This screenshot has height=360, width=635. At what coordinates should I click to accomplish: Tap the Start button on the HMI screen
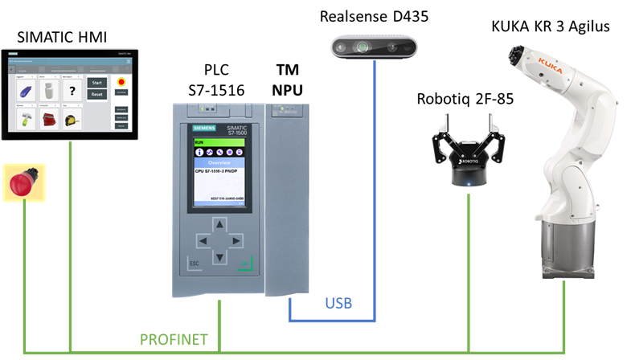[96, 82]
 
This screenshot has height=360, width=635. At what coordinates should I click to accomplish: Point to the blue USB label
[338, 304]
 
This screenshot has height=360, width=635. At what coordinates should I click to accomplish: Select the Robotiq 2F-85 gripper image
[465, 148]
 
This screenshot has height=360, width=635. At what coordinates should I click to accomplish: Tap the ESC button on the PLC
[194, 263]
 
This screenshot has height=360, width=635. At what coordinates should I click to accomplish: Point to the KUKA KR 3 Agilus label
[551, 27]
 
